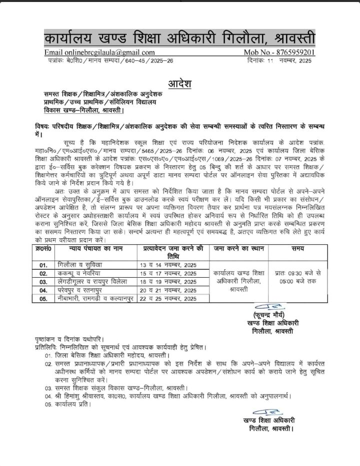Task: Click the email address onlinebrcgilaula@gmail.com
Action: pyautogui.click(x=99, y=52)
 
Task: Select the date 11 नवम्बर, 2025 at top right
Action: pyautogui.click(x=286, y=60)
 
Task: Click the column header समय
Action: pyautogui.click(x=298, y=248)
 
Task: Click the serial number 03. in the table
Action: pyautogui.click(x=43, y=282)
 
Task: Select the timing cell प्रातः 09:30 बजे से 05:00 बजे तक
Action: pyautogui.click(x=298, y=277)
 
